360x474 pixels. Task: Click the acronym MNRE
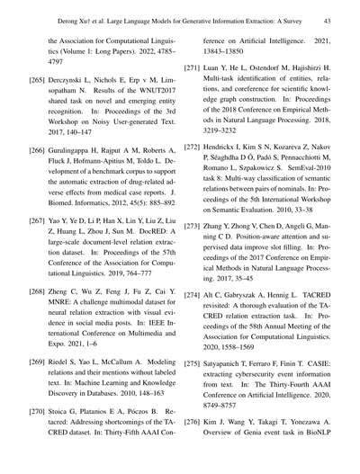click(75, 279)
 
